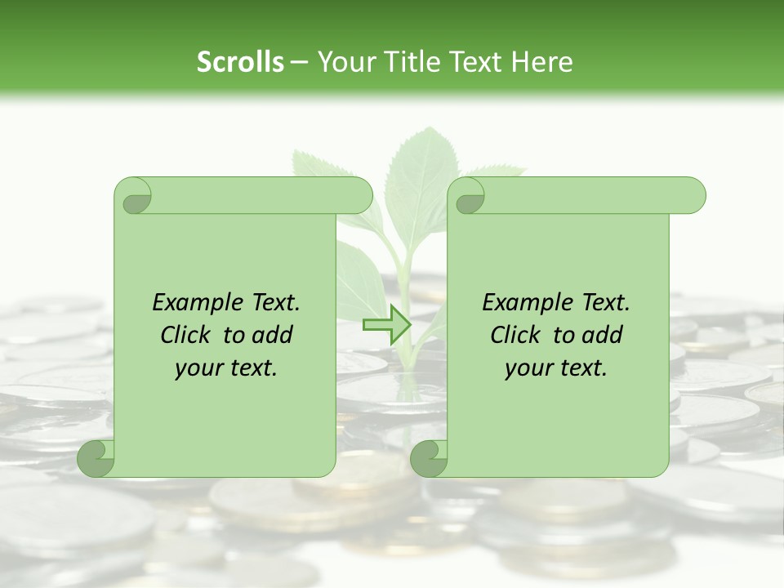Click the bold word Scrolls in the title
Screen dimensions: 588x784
tap(241, 61)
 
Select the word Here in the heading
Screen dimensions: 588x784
tap(542, 61)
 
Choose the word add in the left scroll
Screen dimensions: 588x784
tap(272, 335)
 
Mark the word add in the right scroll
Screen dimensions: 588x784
tap(602, 335)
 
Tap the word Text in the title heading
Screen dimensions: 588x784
tap(475, 61)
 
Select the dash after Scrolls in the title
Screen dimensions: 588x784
tap(299, 63)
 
